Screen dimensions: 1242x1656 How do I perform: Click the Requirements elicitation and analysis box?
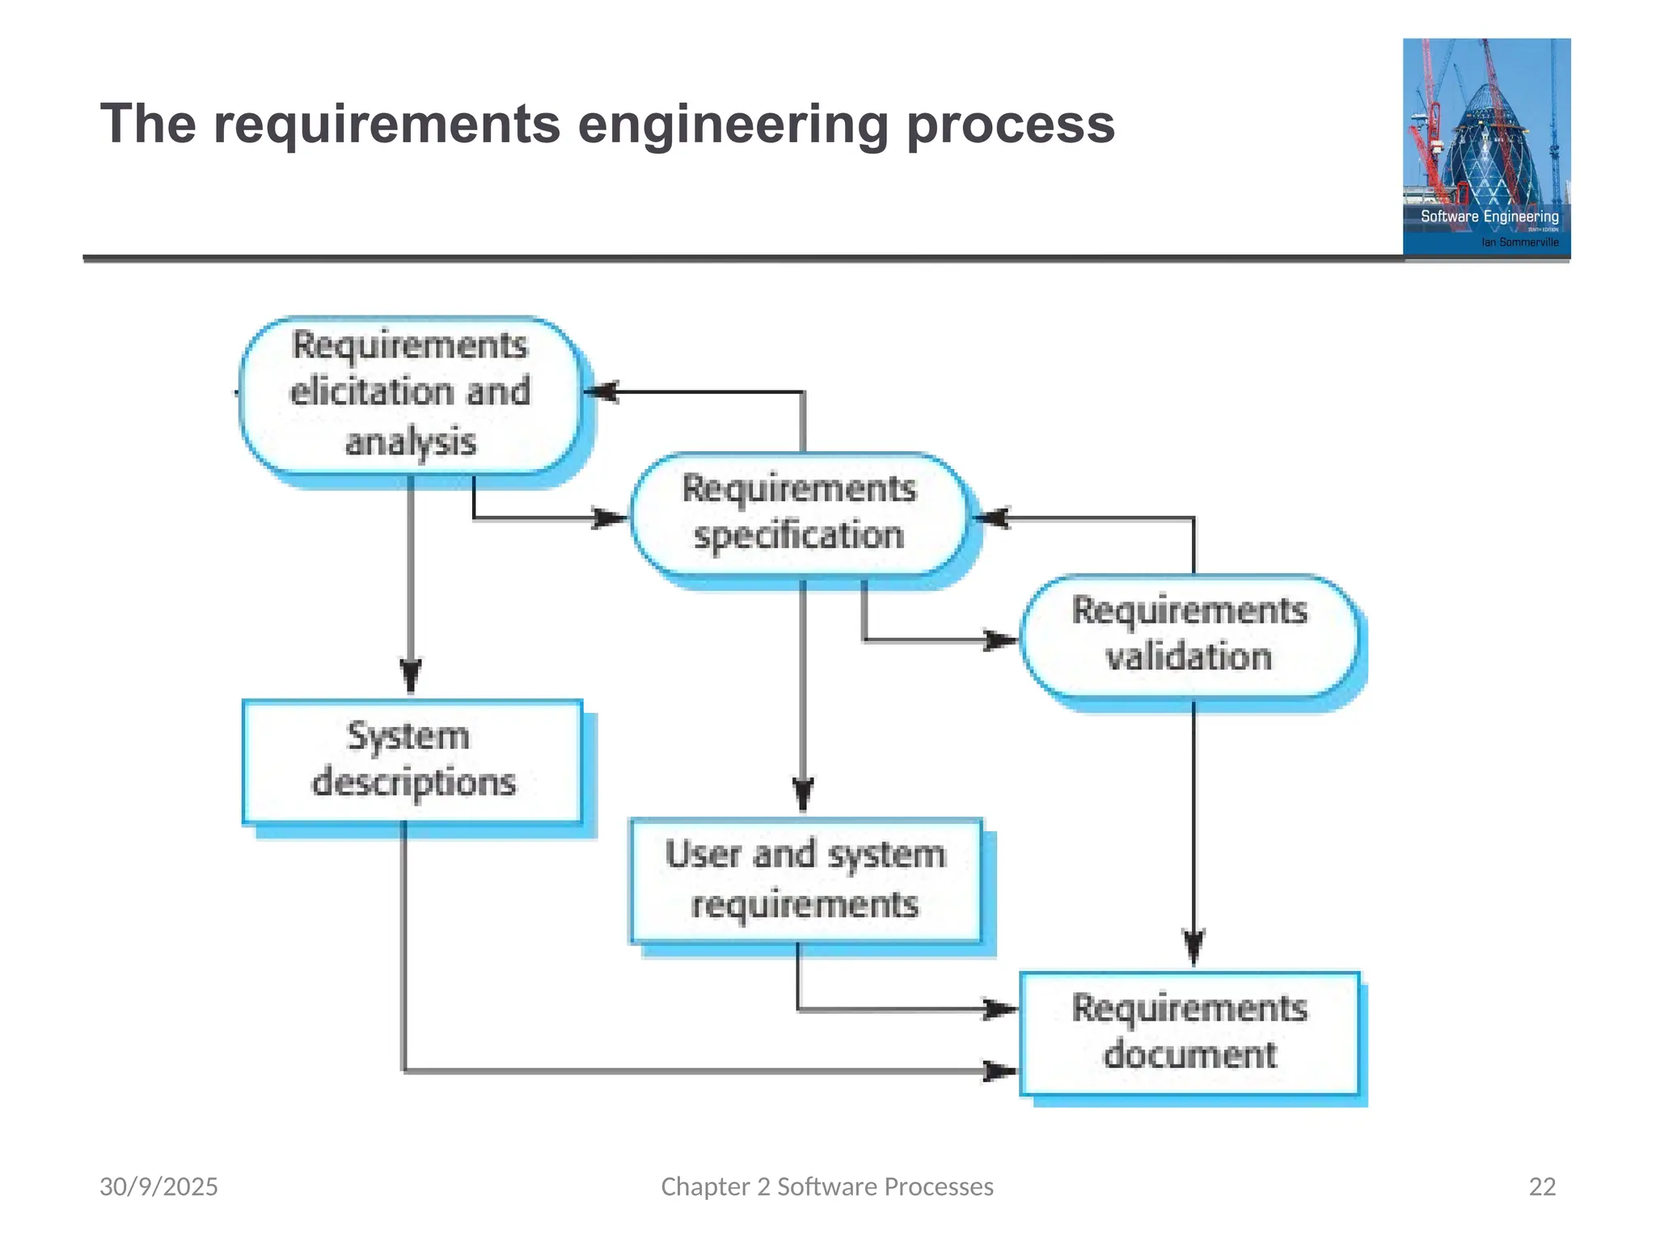[410, 394]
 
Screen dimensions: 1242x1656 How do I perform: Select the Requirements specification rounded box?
[798, 513]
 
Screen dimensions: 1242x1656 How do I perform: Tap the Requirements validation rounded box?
[1189, 635]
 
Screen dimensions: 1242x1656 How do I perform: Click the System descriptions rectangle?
[412, 761]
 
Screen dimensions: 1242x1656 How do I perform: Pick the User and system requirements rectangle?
[805, 880]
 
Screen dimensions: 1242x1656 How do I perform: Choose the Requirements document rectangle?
[1189, 1033]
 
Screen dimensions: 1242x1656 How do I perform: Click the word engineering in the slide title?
[733, 125]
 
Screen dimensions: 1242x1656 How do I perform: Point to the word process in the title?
[1010, 125]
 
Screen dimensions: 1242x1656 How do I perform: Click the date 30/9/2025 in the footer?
[158, 1186]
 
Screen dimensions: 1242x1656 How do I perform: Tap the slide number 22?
[1542, 1186]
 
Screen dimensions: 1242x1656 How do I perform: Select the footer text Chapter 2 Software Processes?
[826, 1186]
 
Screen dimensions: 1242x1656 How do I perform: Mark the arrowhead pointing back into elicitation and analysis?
[600, 392]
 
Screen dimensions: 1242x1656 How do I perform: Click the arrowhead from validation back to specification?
[991, 517]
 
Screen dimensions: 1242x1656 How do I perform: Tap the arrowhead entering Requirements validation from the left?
[999, 640]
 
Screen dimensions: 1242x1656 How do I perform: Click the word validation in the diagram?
[1189, 656]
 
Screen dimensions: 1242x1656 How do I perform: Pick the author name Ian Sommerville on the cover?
[1519, 242]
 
